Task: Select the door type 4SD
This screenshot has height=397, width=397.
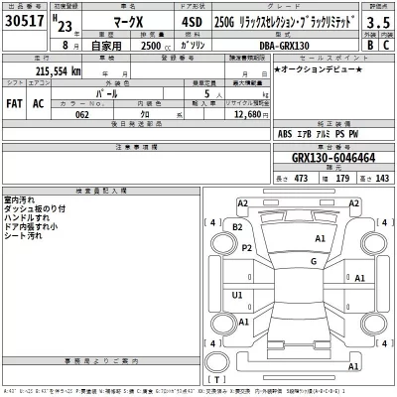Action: [190, 20]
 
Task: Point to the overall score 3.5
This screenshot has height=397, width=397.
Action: [377, 19]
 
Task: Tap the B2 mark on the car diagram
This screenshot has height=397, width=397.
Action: [236, 227]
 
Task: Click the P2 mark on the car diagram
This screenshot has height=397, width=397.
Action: [247, 247]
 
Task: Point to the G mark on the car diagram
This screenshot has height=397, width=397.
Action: [313, 261]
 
